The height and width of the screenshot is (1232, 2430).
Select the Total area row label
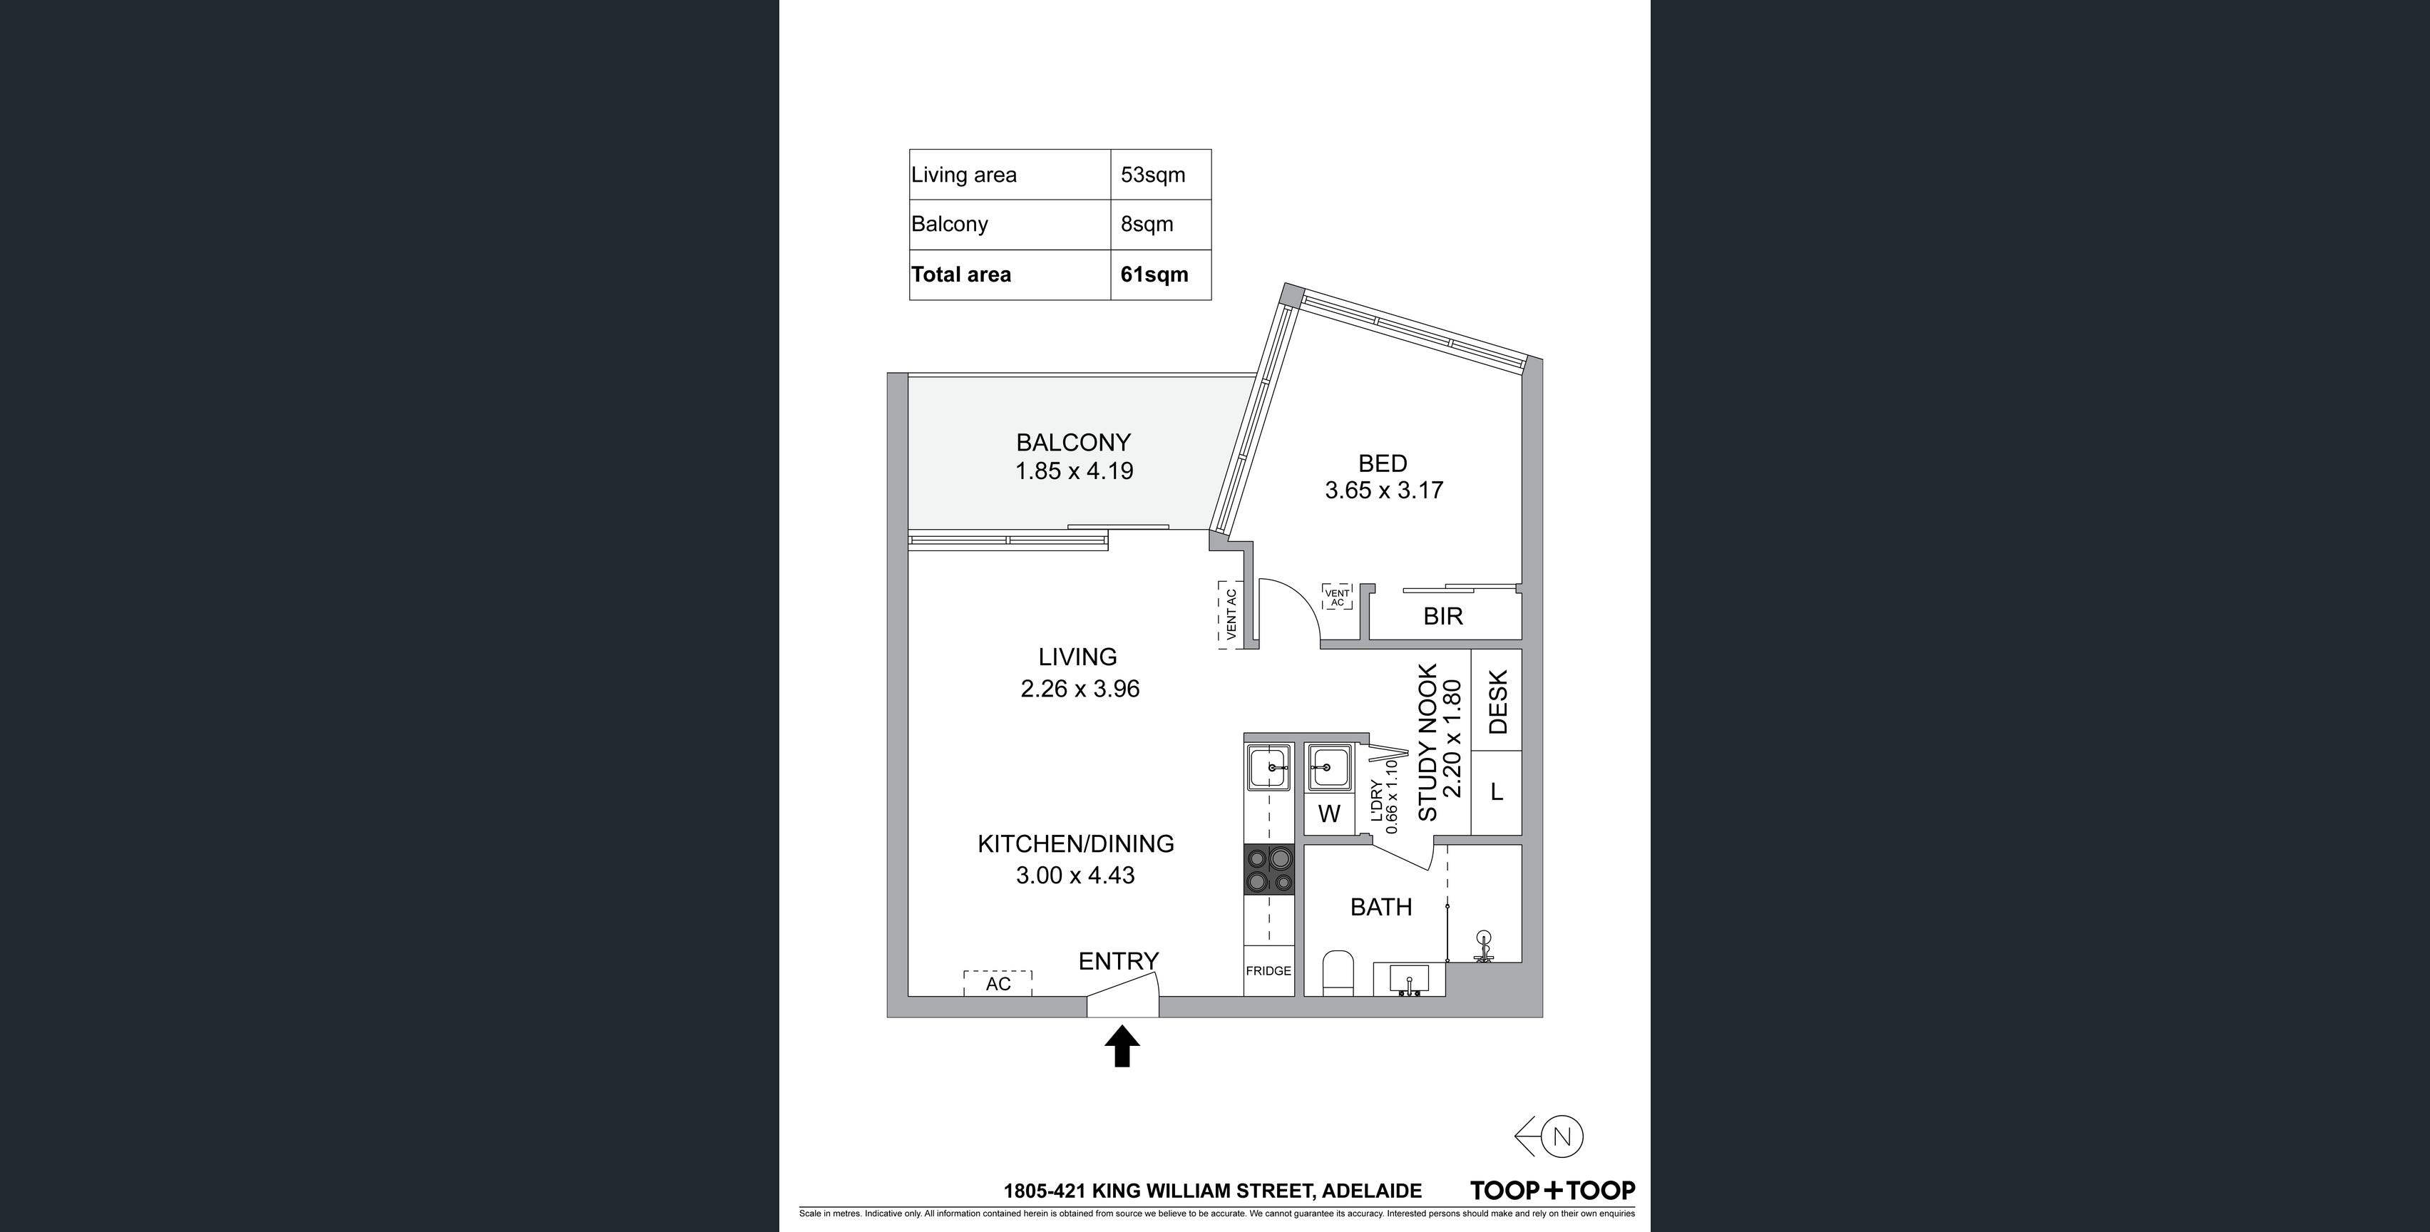[960, 274]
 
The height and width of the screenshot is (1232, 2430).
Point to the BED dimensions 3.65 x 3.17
[1384, 490]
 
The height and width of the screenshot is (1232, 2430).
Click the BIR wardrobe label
[1443, 616]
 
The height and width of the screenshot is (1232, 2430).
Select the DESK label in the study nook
[1498, 702]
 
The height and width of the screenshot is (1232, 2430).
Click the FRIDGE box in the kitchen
[1268, 970]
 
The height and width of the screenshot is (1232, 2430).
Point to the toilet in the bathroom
[1338, 973]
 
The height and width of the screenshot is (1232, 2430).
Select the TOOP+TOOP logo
[1553, 1191]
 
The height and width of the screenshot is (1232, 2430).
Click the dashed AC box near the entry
[998, 983]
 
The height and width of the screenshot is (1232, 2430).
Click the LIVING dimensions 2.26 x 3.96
[1080, 689]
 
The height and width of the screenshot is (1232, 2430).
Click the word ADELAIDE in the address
[1373, 1191]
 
